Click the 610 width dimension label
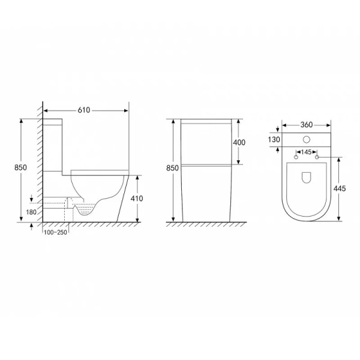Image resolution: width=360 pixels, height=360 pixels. click(x=84, y=110)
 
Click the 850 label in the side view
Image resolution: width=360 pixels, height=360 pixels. click(x=20, y=167)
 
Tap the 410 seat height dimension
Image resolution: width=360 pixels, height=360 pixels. click(x=137, y=199)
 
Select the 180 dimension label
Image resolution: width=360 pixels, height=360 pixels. click(x=31, y=212)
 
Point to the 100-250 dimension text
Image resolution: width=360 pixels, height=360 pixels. click(x=55, y=232)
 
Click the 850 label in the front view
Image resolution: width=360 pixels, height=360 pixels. click(x=172, y=168)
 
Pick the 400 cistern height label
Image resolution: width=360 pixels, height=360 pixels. click(x=239, y=143)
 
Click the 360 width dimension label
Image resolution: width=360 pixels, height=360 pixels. click(x=307, y=125)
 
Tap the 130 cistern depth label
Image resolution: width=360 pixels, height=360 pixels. click(x=274, y=139)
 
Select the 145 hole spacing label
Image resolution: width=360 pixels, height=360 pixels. click(x=306, y=152)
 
